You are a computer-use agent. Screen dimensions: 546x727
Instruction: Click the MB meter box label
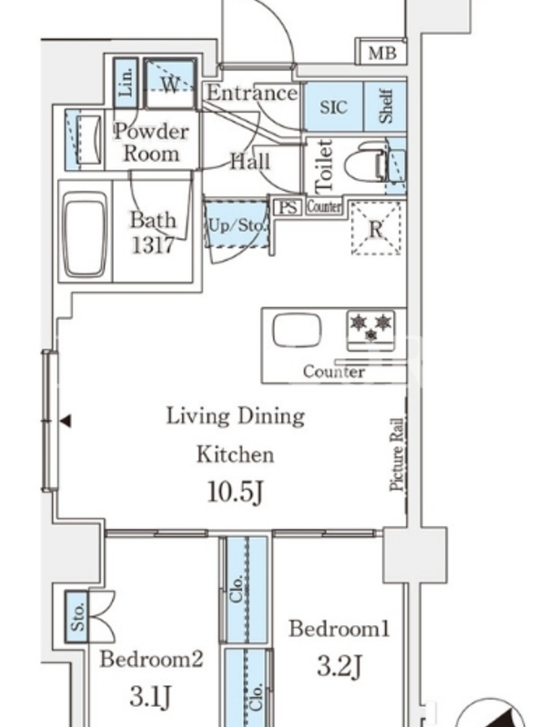(382, 53)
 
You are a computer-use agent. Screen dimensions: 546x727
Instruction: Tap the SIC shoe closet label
(333, 107)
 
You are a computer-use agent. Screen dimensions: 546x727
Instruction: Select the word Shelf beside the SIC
(386, 106)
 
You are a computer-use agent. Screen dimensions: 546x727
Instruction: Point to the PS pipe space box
(288, 207)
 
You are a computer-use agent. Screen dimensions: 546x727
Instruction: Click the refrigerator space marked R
(376, 228)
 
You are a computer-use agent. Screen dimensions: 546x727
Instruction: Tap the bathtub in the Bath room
(85, 234)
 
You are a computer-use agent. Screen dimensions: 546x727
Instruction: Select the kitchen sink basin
(298, 331)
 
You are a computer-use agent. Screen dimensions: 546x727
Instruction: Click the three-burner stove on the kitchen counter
(371, 330)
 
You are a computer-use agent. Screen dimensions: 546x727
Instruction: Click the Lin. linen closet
(126, 83)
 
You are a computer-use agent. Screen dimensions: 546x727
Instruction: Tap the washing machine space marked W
(170, 84)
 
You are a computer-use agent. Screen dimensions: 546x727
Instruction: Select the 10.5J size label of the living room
(236, 492)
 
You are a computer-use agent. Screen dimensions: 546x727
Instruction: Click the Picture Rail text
(397, 455)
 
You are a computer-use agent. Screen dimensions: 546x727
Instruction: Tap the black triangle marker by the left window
(66, 421)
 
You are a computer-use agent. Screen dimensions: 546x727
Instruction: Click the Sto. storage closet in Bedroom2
(76, 617)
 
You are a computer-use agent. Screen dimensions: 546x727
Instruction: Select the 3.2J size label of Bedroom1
(339, 666)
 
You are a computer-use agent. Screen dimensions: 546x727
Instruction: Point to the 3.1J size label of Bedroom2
(151, 695)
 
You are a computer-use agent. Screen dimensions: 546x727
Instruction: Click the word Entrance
(252, 94)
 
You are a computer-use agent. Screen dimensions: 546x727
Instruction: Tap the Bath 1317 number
(153, 244)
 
